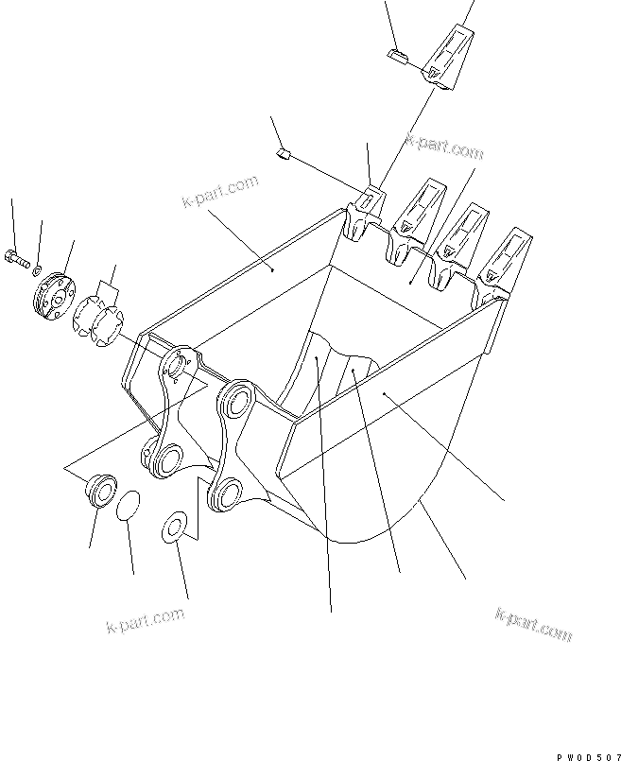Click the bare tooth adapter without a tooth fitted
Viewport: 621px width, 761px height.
pos(364,216)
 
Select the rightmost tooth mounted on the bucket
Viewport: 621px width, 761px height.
pos(509,261)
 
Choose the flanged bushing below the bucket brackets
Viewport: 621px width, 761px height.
pos(101,492)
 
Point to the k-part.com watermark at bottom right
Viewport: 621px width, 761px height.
pos(532,625)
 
